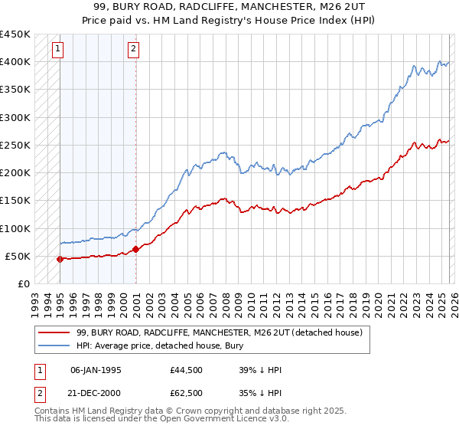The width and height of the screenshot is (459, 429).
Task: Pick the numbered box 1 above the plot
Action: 59,50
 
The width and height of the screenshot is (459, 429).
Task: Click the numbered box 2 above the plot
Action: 133,50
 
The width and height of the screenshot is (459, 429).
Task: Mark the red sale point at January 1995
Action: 60,259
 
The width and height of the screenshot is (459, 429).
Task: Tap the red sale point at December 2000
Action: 135,249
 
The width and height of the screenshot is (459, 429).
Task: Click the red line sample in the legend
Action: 54,332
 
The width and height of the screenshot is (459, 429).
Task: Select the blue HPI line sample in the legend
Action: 54,345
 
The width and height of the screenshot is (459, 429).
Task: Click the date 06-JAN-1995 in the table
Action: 95,370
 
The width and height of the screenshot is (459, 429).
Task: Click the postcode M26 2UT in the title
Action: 327,7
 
